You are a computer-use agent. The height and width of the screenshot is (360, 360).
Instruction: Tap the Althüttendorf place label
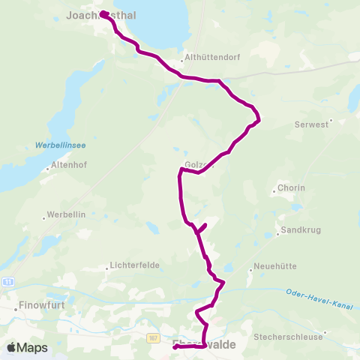(x=205, y=64)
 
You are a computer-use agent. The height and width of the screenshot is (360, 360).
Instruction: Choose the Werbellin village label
(x=67, y=214)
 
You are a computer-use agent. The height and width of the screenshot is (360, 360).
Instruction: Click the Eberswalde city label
(x=204, y=343)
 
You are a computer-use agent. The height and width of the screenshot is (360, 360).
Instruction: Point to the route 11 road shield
(x=8, y=281)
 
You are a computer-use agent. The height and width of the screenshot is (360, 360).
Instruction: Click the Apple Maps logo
(x=27, y=348)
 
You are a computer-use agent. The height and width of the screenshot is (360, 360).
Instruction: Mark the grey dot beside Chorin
(x=274, y=192)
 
